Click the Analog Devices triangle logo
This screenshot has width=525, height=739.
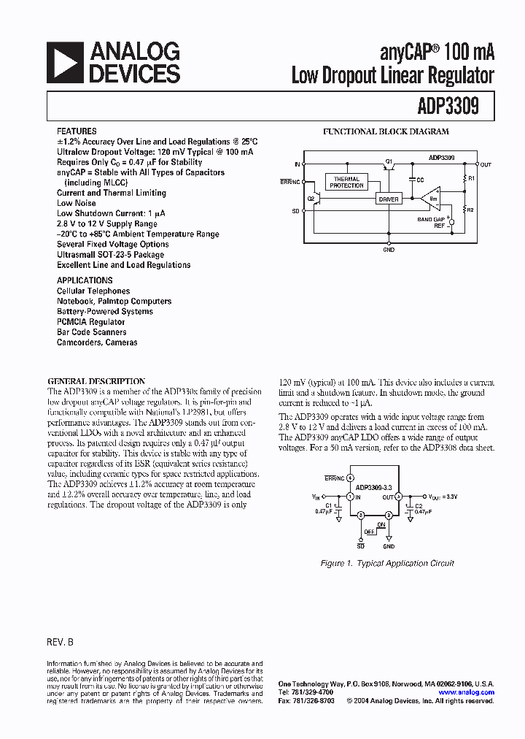[x=63, y=62]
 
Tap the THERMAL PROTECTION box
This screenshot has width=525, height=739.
[x=346, y=183]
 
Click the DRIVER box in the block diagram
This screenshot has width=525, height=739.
[x=388, y=199]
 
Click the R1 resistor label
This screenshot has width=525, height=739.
[x=471, y=178]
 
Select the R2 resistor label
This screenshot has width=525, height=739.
[x=471, y=210]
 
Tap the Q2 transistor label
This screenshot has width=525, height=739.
[x=311, y=198]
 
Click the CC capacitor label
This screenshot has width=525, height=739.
[x=419, y=179]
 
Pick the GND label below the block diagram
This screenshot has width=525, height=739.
[x=389, y=250]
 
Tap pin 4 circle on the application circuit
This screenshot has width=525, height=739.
[x=351, y=478]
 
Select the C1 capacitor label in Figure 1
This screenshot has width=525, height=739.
[x=330, y=505]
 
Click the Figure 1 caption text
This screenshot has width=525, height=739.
[x=387, y=563]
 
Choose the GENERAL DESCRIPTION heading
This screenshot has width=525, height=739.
[x=96, y=381]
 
